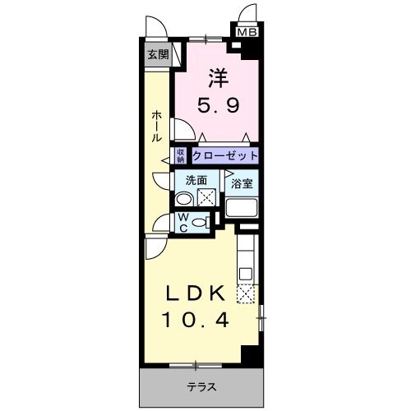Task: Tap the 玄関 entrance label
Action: tap(158, 56)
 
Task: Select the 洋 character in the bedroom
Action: tap(217, 80)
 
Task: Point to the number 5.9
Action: tap(217, 105)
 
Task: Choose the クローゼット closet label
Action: tap(226, 155)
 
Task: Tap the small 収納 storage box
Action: tap(180, 155)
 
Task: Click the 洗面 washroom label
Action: tap(195, 181)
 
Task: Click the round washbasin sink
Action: tap(184, 199)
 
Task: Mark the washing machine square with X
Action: tap(208, 196)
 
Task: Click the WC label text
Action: tap(184, 221)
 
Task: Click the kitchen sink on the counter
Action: tap(244, 270)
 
